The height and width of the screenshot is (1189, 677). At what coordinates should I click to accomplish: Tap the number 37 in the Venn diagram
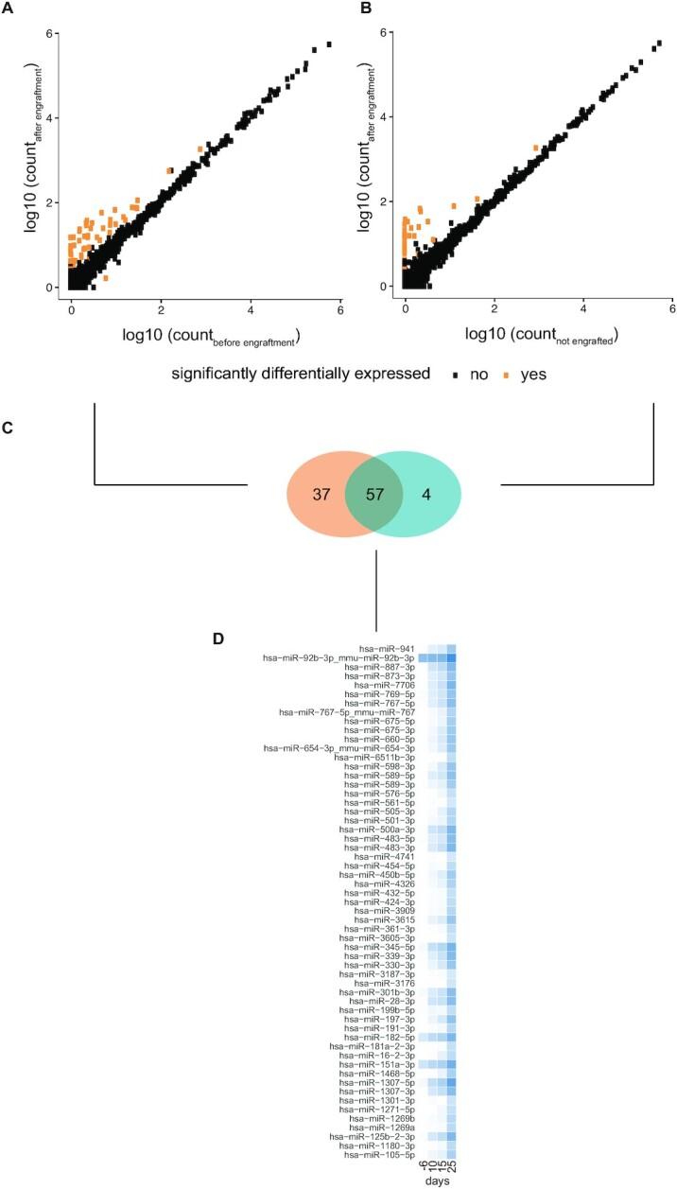(x=321, y=494)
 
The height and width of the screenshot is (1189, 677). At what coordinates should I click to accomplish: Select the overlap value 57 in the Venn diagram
(x=374, y=494)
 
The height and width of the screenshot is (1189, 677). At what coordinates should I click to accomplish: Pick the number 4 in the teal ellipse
(x=426, y=494)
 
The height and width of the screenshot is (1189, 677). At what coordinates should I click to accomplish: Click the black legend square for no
(x=455, y=374)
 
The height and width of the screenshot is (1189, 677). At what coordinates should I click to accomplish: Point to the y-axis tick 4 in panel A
(x=58, y=117)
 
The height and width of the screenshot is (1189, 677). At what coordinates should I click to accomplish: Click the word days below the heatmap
(x=437, y=1182)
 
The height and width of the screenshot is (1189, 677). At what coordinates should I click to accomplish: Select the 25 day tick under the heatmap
(x=452, y=1167)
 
